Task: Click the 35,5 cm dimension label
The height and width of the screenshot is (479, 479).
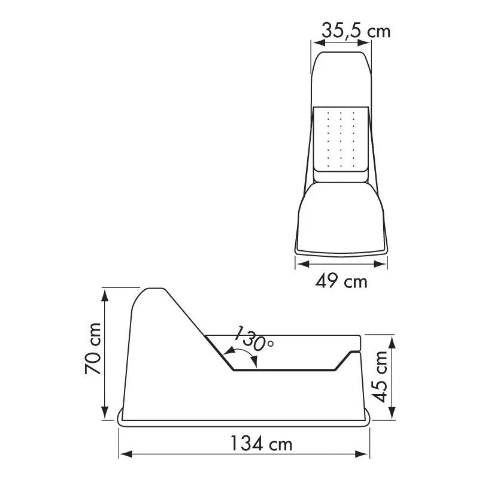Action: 356,31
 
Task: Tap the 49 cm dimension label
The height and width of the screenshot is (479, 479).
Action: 341,281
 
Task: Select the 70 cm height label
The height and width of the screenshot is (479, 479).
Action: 93,348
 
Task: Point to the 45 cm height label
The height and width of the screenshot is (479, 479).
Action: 380,377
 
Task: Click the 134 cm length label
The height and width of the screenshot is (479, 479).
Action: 261,444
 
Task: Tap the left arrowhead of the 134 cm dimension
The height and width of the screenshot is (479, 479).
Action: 125,454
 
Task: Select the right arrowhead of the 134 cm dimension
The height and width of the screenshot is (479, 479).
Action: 362,454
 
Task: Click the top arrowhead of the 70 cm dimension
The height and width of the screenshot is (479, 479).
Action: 105,295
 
